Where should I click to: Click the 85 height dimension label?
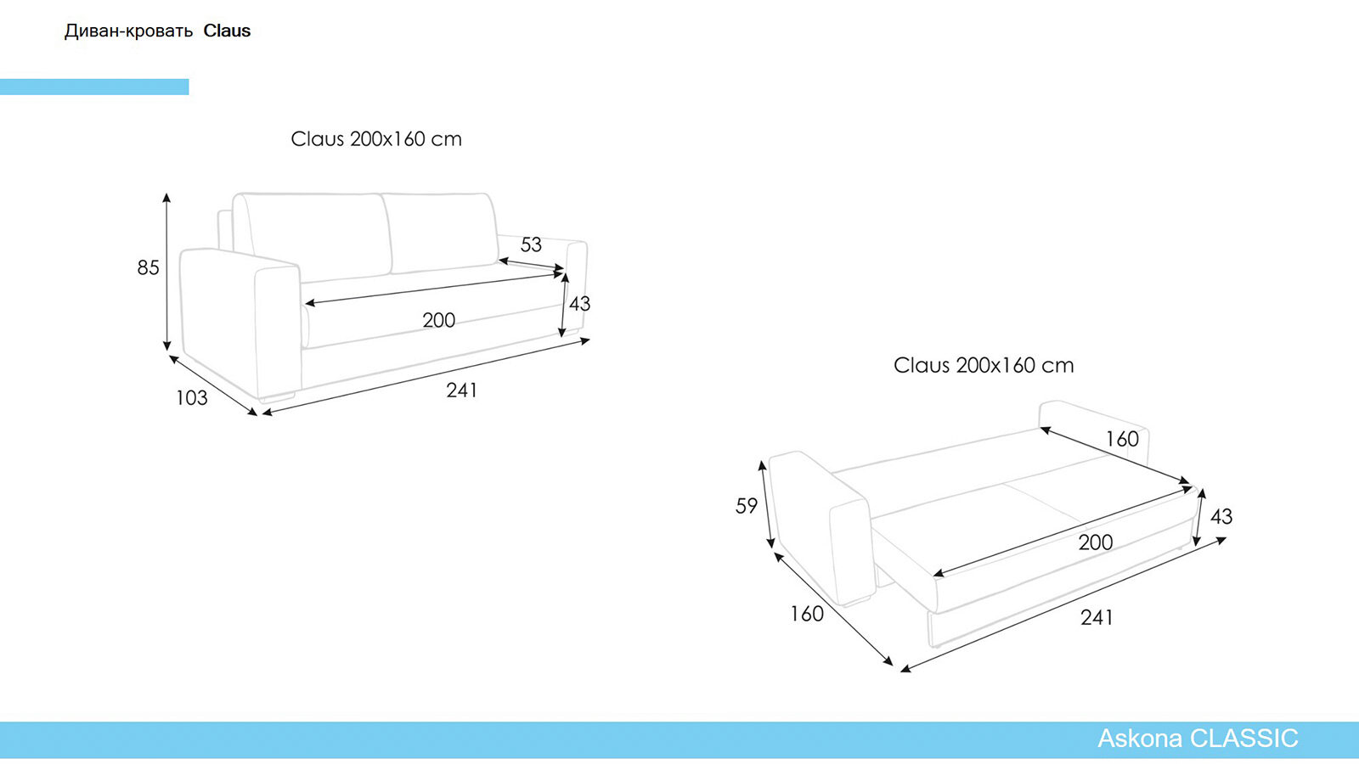point(148,267)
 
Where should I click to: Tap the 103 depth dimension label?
point(191,397)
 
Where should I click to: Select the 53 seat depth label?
point(531,244)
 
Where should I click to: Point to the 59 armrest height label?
point(747,506)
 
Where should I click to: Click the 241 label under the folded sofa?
point(461,390)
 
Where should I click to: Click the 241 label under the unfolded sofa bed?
point(1097,617)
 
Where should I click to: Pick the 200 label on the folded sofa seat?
point(438,320)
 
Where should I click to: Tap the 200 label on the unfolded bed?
point(1095,542)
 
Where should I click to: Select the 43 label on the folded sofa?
point(579,303)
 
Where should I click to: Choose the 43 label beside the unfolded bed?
point(1221,516)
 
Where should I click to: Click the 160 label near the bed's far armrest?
point(1121,439)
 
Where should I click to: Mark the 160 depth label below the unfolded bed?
point(806,613)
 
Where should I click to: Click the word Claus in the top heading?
point(227,31)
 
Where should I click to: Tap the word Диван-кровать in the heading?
point(128,31)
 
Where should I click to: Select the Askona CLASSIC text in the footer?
point(1198,739)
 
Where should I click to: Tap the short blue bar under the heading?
point(94,87)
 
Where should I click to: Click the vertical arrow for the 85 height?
point(166,272)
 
